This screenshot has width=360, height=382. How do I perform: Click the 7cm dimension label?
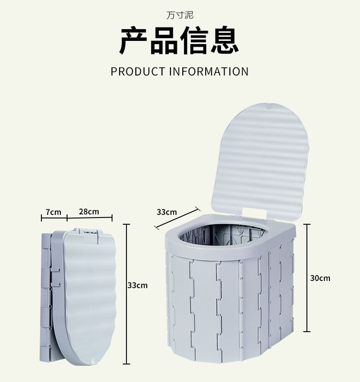(x=53, y=212)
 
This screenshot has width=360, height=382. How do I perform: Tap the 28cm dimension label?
(x=89, y=212)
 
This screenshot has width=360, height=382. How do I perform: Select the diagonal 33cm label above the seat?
(x=166, y=212)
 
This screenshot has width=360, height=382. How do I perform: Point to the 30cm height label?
(x=320, y=278)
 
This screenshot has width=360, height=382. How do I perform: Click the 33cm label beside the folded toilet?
(x=137, y=285)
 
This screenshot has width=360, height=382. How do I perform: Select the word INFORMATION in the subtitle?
(x=209, y=71)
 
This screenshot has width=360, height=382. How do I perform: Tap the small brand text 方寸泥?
(x=180, y=15)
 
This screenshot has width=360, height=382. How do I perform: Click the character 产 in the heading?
(x=134, y=41)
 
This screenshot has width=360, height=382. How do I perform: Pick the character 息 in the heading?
(x=224, y=41)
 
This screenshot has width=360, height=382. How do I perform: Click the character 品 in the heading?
(x=164, y=41)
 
